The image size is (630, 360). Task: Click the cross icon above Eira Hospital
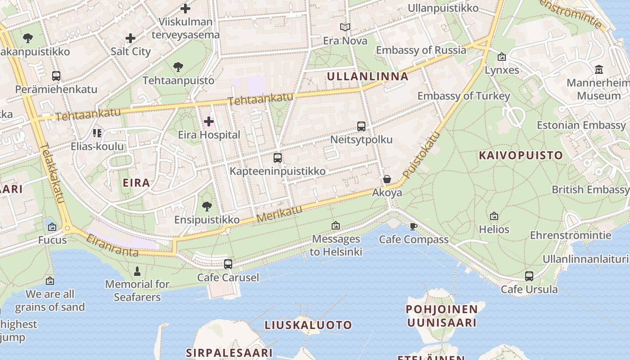[x=209, y=121]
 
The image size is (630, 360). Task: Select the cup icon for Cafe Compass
[x=414, y=226]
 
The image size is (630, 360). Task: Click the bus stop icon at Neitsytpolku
[x=361, y=126]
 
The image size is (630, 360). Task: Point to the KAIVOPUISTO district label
[x=521, y=156]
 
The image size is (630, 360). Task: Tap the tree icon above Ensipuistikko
[x=207, y=207]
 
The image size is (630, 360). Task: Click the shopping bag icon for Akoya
[x=387, y=180]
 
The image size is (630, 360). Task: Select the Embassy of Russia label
[x=421, y=50]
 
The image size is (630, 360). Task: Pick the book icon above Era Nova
[x=345, y=27]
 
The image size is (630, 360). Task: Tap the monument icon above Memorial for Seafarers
[x=137, y=271]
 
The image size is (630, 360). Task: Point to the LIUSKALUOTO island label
[x=308, y=325]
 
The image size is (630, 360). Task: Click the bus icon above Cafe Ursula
[x=529, y=276]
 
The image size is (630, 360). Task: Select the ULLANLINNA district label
[x=368, y=76]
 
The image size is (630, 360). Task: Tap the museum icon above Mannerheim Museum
[x=599, y=70]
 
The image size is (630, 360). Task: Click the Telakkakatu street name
[x=54, y=173]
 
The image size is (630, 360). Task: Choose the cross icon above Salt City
[x=130, y=38]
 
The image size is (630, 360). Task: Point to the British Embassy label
[x=590, y=189]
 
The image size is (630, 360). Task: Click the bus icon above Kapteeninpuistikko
[x=278, y=158]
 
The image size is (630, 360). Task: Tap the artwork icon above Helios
[x=494, y=216]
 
